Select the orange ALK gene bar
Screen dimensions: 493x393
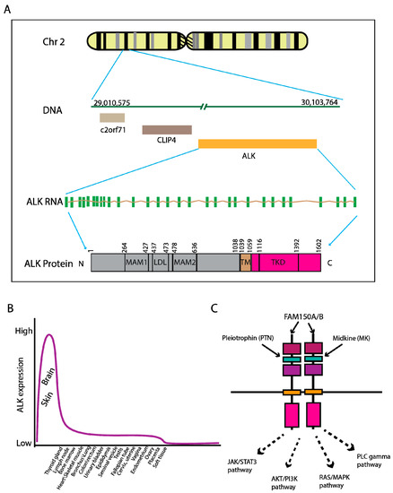[258, 143]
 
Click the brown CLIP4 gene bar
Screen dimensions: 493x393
[167, 131]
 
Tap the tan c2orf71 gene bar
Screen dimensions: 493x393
[112, 117]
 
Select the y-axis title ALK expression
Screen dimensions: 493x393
[10, 387]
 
